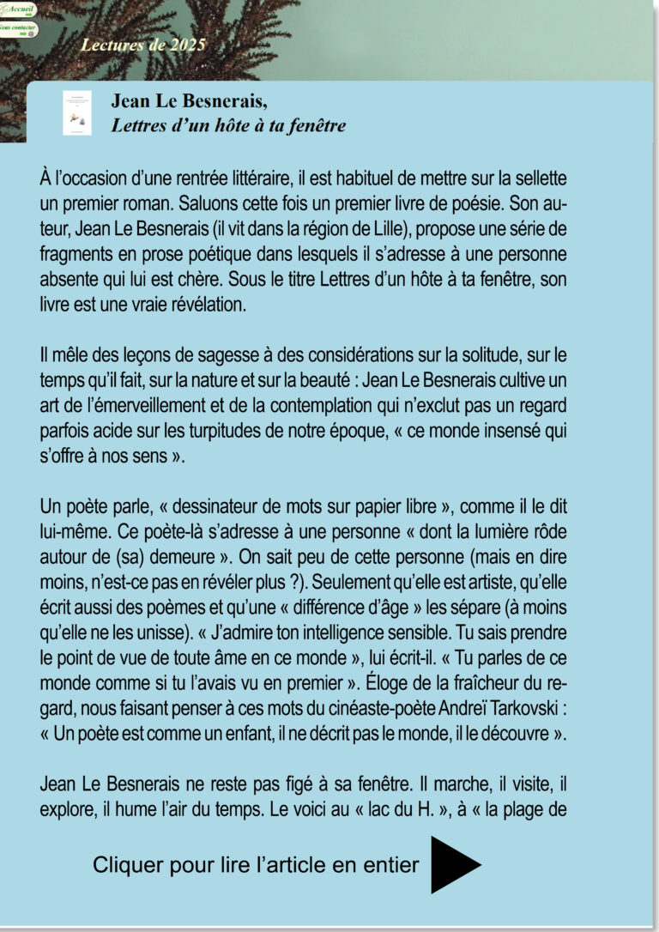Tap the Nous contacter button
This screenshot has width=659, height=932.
click(x=18, y=29)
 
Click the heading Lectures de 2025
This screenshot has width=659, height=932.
click(x=143, y=45)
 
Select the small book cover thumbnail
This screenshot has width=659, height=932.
click(x=77, y=112)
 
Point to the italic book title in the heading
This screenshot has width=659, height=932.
click(x=228, y=126)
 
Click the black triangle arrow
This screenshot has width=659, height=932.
click(x=455, y=864)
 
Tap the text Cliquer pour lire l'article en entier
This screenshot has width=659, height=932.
click(x=256, y=864)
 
